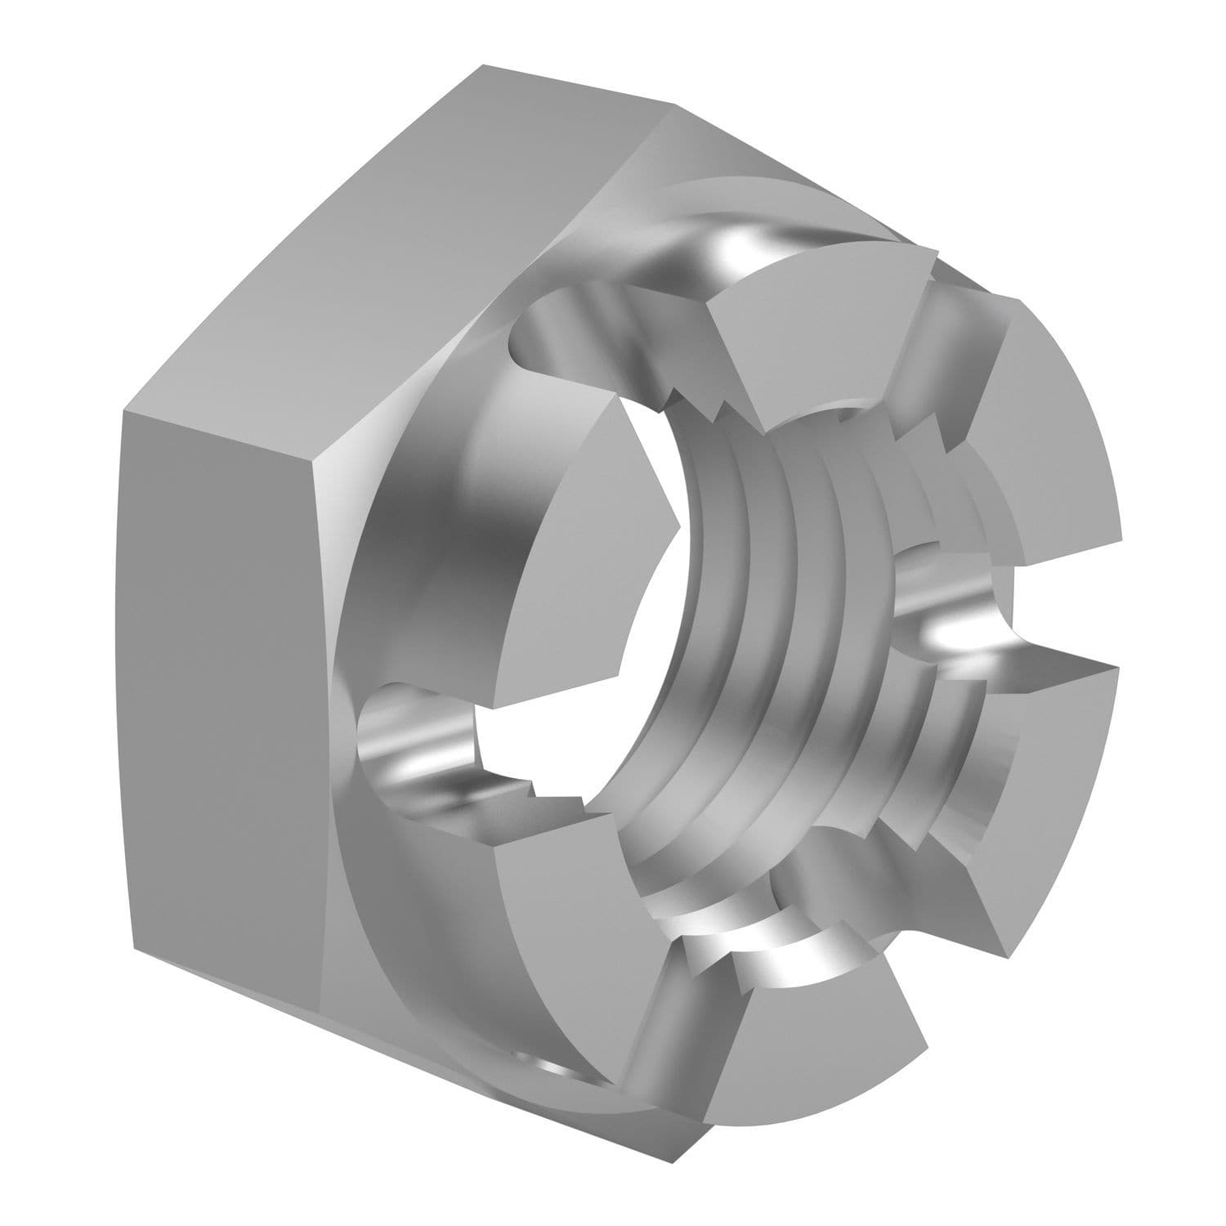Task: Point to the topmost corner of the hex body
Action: [482, 65]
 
